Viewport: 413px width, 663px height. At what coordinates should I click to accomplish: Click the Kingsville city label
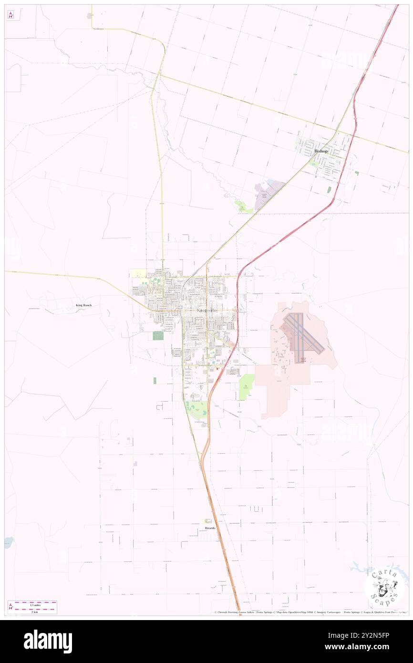coord(207,311)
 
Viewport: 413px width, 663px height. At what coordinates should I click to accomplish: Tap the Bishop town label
coord(321,151)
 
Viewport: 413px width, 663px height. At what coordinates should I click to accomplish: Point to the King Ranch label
coord(83,305)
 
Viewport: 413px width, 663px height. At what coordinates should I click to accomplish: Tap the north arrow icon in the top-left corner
coord(10,14)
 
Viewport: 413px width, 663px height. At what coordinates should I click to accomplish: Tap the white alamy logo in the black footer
coord(48,641)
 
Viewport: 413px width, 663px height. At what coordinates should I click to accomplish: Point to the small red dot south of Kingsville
coord(217,368)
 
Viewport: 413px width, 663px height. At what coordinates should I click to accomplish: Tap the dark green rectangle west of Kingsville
coord(157,335)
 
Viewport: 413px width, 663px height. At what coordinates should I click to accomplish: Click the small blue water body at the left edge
coord(9,542)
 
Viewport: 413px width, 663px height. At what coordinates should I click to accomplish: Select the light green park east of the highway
coord(247,388)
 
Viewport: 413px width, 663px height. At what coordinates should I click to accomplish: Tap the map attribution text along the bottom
coord(310,612)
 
